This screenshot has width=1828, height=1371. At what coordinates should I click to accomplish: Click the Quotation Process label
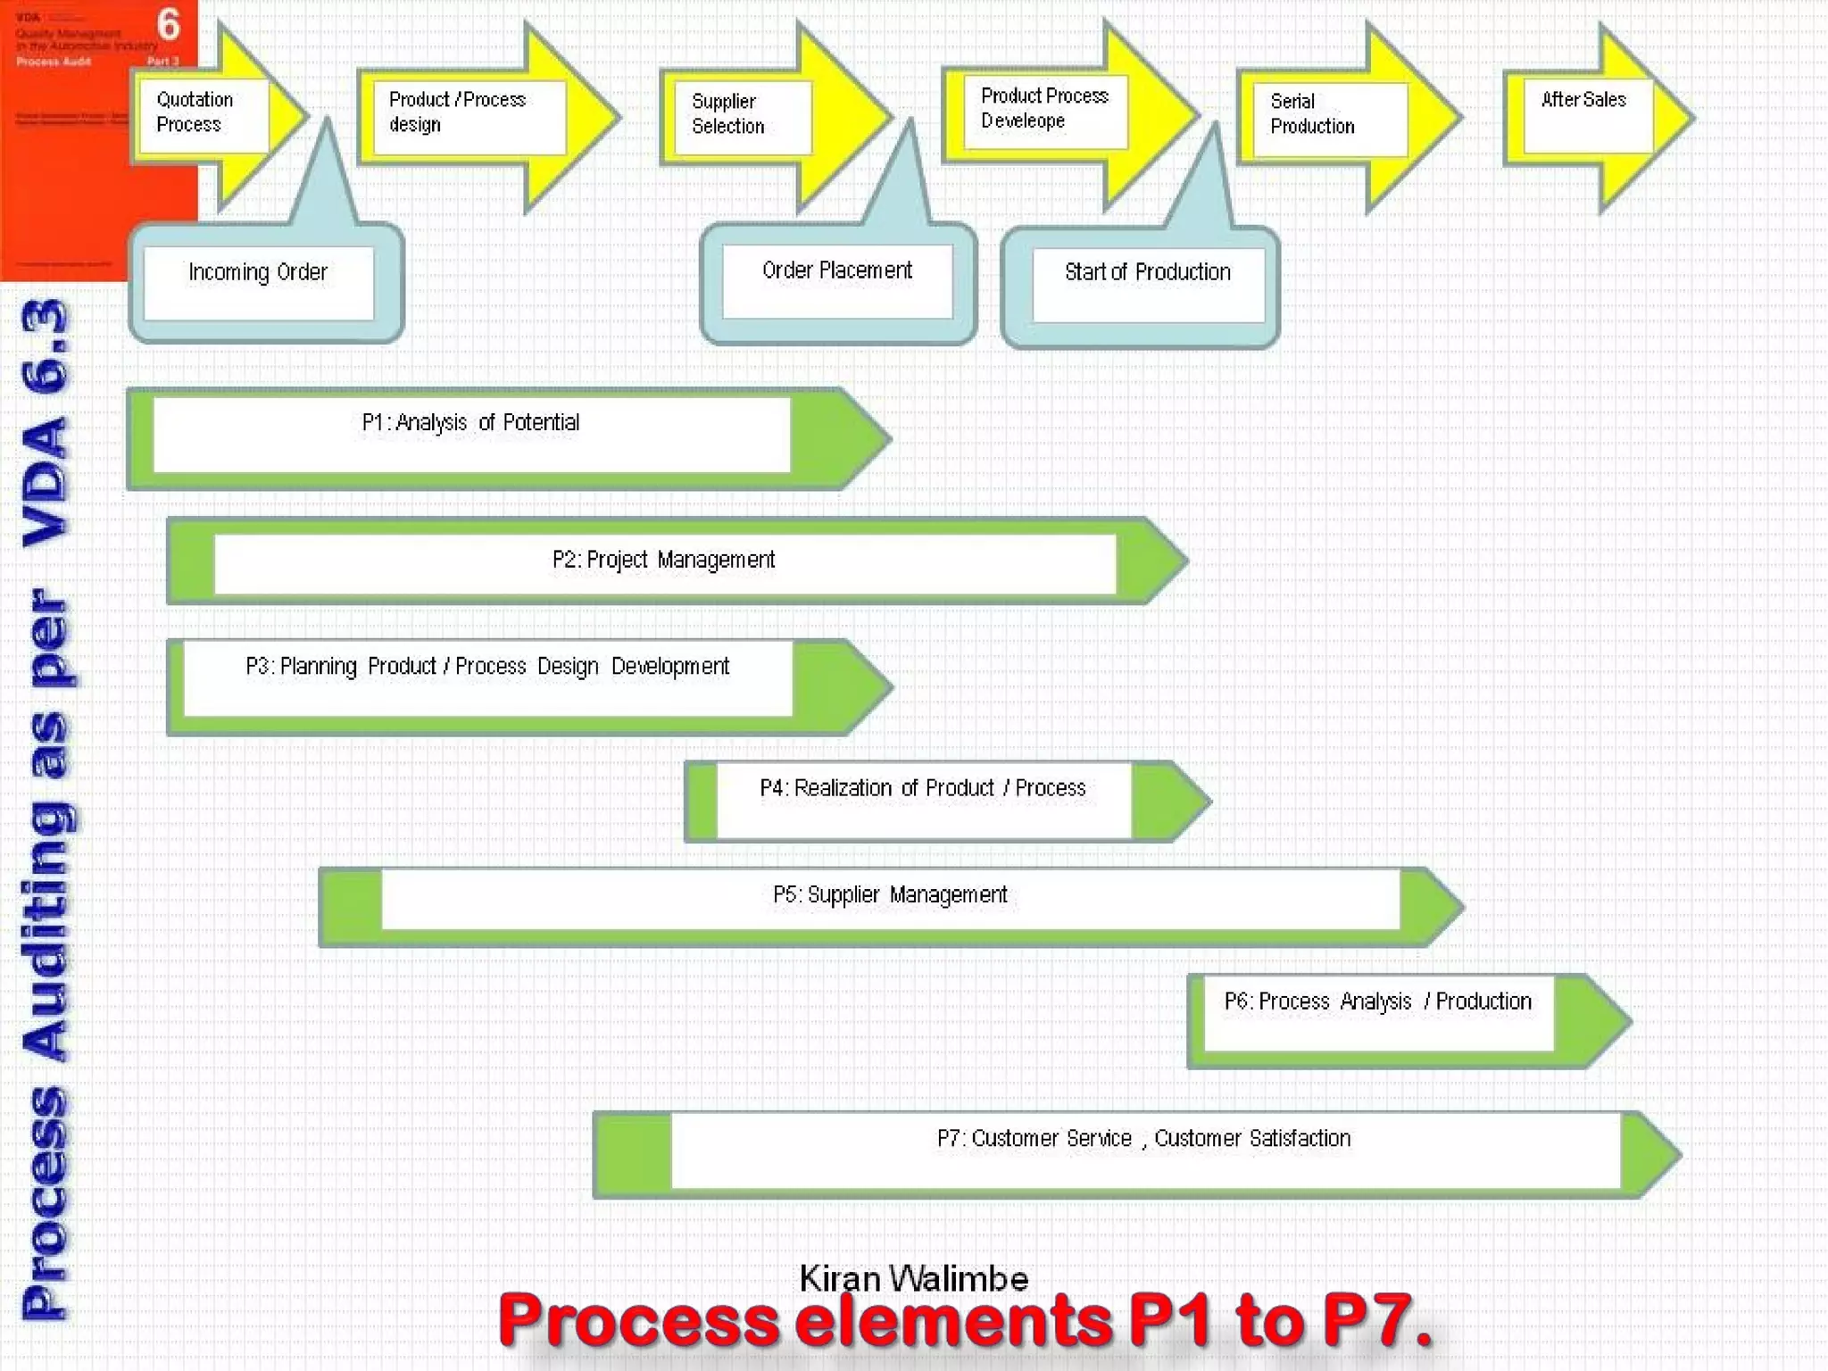coord(194,112)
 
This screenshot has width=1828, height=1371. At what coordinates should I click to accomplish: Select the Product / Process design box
coord(458,112)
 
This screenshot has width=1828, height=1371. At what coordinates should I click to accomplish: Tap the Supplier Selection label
coord(727,114)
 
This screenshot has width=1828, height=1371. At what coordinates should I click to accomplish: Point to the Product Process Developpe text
coord(1043,108)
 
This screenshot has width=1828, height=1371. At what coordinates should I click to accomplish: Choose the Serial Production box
coord(1311,114)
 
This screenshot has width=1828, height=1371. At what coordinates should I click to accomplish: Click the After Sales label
coord(1583,100)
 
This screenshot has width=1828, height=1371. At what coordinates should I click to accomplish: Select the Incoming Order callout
coord(258,272)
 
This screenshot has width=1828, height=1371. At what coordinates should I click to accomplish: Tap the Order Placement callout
coord(836,270)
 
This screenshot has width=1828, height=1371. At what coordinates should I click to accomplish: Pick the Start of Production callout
coord(1147,272)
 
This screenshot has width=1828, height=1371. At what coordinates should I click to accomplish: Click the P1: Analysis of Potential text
coord(470,422)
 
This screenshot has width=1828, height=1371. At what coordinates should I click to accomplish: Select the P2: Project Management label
coord(663,560)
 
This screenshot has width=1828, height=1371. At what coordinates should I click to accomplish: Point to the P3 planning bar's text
coord(487,667)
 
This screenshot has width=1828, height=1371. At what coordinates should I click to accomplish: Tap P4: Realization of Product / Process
coord(922,788)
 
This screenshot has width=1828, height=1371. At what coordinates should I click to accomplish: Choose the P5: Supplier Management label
coord(890,894)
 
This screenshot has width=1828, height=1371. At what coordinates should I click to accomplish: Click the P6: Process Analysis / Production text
coord(1377,1001)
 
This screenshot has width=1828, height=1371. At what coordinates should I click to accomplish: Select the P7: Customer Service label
coord(1143,1139)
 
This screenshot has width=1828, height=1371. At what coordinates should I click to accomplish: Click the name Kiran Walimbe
coord(913,1278)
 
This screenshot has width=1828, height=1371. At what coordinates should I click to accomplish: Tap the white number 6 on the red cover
coord(168,25)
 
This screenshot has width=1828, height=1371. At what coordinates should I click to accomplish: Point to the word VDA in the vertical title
coord(45,482)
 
